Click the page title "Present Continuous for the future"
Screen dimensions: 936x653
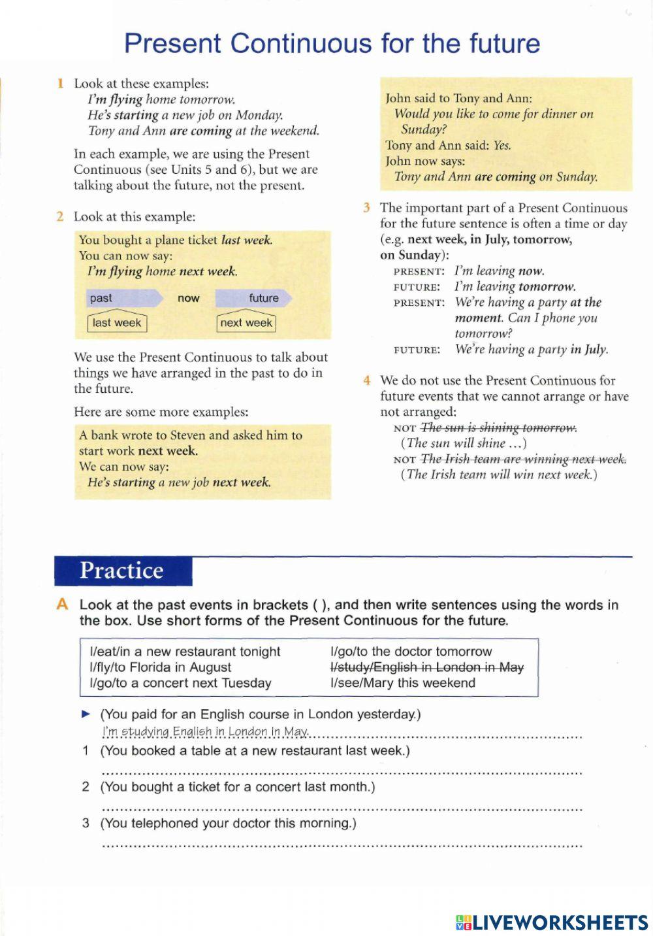(x=332, y=43)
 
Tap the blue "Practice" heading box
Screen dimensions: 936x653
(x=123, y=571)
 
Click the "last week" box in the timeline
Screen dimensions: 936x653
(x=117, y=323)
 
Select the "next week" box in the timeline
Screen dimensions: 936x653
(x=246, y=323)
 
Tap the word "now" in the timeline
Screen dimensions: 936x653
(x=188, y=298)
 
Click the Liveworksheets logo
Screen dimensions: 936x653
(x=552, y=922)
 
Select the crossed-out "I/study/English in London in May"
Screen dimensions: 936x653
(x=427, y=667)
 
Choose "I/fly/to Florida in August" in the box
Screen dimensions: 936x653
(x=160, y=667)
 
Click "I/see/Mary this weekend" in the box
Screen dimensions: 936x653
(x=403, y=683)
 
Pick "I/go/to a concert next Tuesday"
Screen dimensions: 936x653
(x=180, y=683)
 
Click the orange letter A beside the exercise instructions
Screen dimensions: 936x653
(x=62, y=605)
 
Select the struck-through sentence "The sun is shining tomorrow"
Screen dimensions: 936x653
(x=499, y=427)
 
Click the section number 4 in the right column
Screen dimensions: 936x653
(x=367, y=380)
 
